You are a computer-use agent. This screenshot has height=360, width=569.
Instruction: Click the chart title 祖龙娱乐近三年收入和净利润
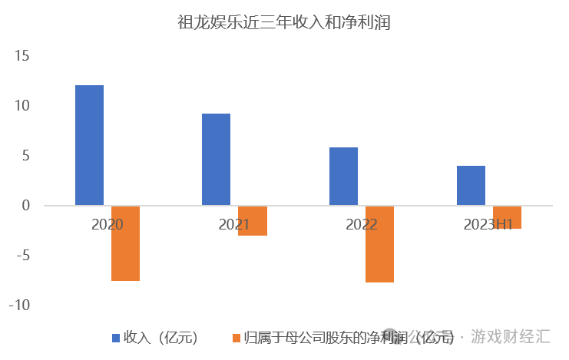point(284,23)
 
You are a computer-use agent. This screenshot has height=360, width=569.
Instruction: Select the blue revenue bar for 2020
point(89,145)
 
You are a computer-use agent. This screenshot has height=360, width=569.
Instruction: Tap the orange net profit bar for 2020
point(125,243)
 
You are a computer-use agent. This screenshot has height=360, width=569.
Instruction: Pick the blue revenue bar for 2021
point(216,160)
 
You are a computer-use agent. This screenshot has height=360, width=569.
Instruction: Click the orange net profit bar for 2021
point(253,220)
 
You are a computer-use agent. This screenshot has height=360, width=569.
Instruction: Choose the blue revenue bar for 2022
point(343,177)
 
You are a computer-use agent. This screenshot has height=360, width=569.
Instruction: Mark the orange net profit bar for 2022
point(379,244)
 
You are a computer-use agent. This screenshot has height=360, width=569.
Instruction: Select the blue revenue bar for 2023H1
point(471,186)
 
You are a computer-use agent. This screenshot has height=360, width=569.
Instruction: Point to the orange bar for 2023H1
point(507,217)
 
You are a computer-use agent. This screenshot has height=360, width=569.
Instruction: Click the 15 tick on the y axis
point(21,56)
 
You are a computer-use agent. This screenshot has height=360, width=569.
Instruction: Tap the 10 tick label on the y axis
point(21,106)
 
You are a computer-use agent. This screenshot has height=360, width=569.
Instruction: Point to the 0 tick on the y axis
point(25,206)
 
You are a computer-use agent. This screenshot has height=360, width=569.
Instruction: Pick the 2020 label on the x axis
point(107,225)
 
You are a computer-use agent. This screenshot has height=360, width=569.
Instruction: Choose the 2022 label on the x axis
point(361,225)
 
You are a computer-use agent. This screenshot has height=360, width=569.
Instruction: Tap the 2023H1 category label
point(488,225)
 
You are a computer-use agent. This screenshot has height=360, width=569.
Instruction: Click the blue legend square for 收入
point(116,338)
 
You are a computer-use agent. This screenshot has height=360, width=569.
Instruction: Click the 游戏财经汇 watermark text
point(511,336)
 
